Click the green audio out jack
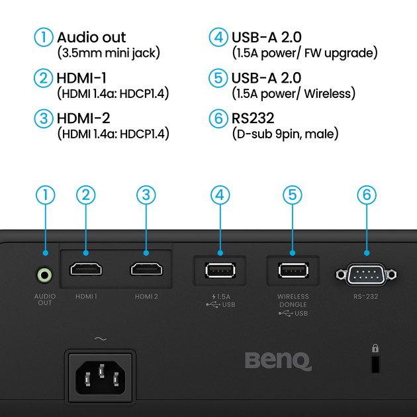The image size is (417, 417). coord(45,273)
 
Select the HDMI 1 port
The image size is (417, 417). coord(86,270)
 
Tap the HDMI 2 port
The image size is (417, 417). coord(146,270)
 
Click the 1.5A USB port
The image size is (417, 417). coord(219,271)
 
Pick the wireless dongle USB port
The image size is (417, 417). coord(293,271)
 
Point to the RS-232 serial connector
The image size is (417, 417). coord(366,273)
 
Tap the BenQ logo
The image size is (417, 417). coord(278,361)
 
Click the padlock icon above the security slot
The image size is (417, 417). coord(375,348)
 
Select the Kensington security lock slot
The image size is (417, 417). coord(375,363)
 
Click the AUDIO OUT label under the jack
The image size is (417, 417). coord(44,300)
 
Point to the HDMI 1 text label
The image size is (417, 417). coord(86,297)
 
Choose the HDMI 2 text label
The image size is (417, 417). coord(146,297)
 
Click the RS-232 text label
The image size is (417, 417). coord(366,297)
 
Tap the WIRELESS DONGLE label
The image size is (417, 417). coord(293,301)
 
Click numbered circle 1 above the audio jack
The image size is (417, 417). coord(45,195)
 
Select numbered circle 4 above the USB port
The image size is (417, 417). coord(219,195)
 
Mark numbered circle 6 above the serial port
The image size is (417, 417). coord(366,195)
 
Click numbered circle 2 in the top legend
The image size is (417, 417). coord(44,79)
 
